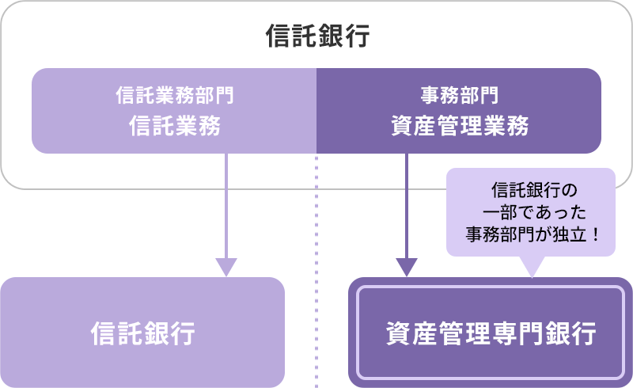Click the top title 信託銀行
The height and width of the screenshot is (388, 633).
coord(317,36)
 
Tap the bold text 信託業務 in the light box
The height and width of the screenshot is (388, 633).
coord(174,126)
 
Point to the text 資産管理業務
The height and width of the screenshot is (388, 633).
coord(459,126)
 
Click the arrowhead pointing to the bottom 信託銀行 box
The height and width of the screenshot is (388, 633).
coord(226,268)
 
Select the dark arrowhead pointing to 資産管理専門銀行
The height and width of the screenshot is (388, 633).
coord(407,268)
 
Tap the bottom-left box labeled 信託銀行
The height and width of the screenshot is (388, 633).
coord(142,333)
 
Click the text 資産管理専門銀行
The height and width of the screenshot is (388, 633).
coord(491,333)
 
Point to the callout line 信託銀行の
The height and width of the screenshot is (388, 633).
coord(530,191)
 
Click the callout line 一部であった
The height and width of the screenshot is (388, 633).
coord(530,212)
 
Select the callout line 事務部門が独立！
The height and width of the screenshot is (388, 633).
coord(530,234)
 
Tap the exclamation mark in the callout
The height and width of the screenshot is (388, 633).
coord(592,234)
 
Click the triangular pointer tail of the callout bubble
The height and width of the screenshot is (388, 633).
coord(531,266)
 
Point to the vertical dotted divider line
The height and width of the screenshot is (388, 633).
coord(316,238)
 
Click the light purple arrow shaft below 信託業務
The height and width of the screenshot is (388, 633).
coord(226,206)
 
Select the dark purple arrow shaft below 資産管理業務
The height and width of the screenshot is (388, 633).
coord(407,206)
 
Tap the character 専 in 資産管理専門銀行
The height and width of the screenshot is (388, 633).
coord(515,333)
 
